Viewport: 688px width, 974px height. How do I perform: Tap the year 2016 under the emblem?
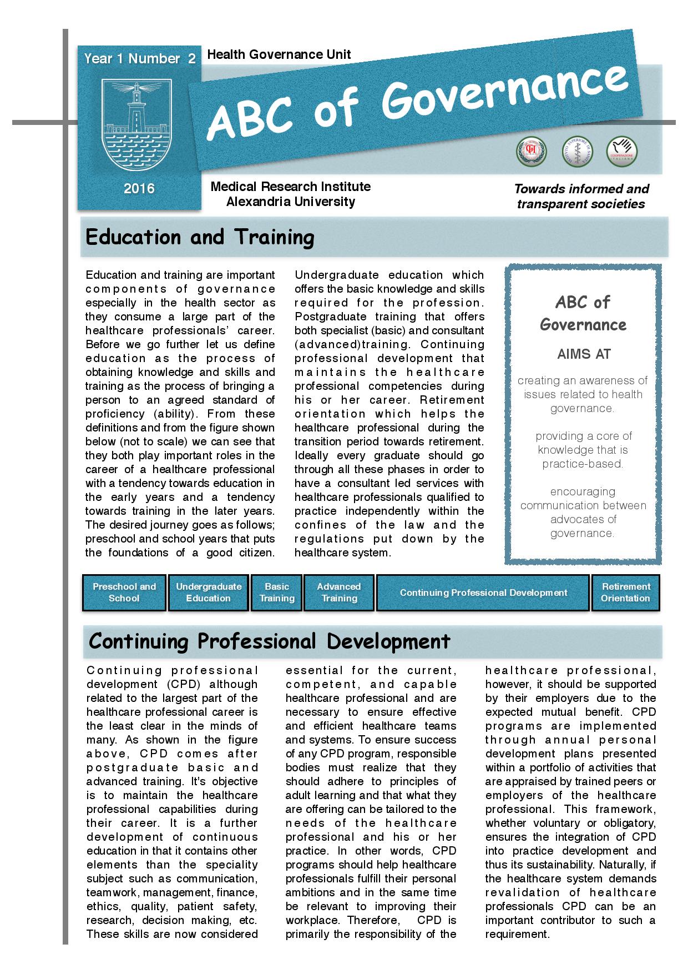point(139,189)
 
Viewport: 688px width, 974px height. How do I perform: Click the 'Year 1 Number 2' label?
point(140,59)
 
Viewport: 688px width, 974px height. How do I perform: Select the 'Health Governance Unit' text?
point(279,54)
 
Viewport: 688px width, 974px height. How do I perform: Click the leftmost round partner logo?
point(531,152)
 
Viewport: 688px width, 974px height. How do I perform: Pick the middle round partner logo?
point(577,152)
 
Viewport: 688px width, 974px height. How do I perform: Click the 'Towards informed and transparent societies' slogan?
point(581,197)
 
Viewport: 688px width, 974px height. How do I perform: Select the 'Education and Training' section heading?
point(200,237)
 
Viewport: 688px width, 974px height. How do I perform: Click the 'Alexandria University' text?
point(290,202)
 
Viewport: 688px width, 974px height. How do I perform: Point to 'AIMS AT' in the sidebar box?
point(583,354)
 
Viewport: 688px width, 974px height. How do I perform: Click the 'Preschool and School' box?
point(124,593)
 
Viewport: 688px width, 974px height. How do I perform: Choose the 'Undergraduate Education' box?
point(209,593)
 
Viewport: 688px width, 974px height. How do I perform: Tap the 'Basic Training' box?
point(277,593)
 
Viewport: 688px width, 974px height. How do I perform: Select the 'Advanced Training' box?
point(339,593)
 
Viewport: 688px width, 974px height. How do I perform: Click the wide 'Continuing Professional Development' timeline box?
point(483,593)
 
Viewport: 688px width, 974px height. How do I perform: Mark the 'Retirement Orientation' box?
point(625,593)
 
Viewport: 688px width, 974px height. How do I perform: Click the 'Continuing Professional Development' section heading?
point(270,641)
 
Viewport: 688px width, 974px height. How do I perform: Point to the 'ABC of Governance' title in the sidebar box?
point(583,314)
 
